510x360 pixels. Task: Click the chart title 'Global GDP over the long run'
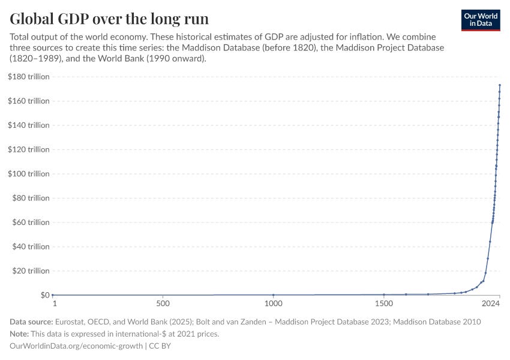click(109, 18)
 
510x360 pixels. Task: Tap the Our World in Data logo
click(481, 20)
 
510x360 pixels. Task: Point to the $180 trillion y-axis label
click(28, 77)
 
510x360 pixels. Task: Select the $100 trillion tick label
click(28, 174)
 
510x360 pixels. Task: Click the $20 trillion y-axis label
click(30, 271)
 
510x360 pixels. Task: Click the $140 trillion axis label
click(28, 125)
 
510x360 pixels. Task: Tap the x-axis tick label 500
click(163, 305)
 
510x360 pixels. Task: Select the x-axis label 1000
click(273, 305)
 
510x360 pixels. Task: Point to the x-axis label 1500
click(384, 305)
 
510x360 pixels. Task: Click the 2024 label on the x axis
click(490, 305)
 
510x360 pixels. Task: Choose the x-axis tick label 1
click(54, 305)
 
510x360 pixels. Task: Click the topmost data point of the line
click(500, 85)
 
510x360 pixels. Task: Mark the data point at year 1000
click(274, 295)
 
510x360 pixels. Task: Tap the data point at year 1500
click(384, 294)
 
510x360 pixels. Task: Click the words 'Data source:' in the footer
click(31, 322)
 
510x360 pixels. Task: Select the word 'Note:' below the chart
click(20, 334)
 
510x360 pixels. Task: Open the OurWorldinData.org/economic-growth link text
click(76, 346)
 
